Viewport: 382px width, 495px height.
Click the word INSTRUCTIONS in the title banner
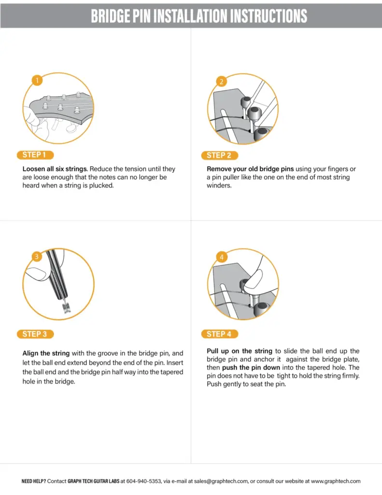tap(261, 15)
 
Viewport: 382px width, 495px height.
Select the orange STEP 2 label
tap(219, 156)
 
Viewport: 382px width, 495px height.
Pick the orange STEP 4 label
tap(219, 334)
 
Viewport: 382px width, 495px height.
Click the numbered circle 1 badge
tap(37, 80)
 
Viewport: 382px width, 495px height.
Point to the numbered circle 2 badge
tap(221, 81)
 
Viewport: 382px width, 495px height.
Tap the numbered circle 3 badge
tap(37, 256)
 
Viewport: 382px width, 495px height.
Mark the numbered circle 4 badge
tap(221, 257)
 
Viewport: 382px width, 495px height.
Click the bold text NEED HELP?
tap(34, 481)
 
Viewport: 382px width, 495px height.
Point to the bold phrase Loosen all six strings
tap(55, 169)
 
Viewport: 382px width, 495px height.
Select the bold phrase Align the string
tap(46, 353)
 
